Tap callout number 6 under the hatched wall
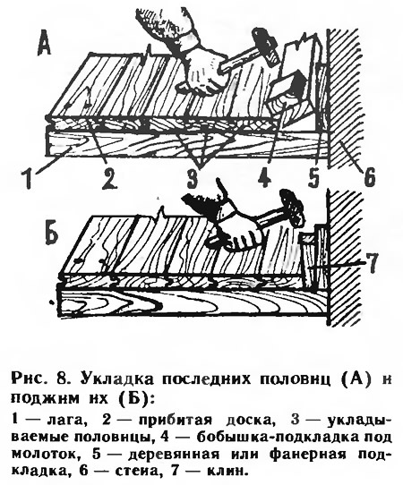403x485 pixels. pyautogui.click(x=368, y=176)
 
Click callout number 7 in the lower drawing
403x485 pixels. pyautogui.click(x=371, y=263)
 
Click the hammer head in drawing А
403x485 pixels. pyautogui.click(x=265, y=47)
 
